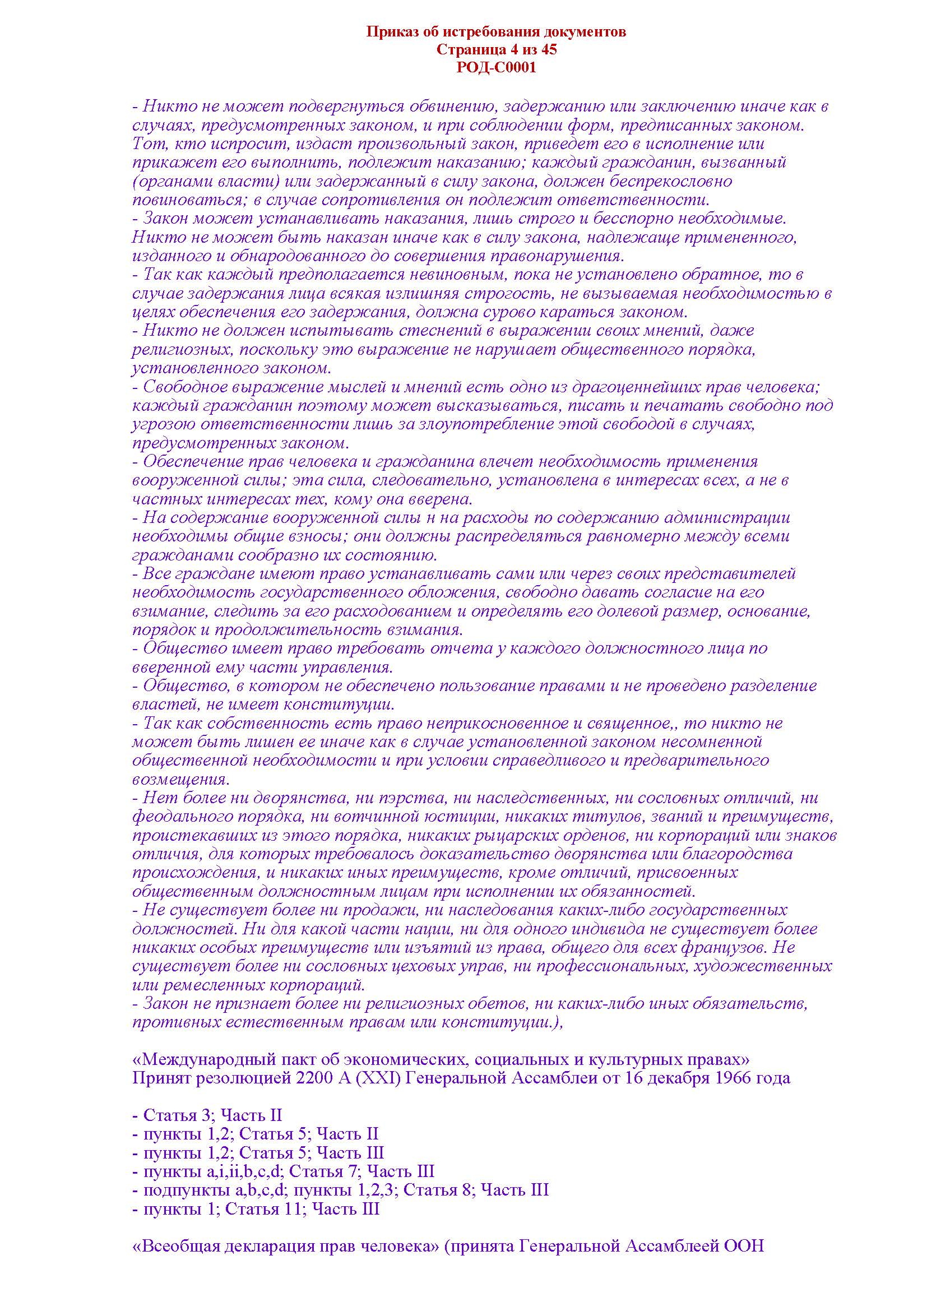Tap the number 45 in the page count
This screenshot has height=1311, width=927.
[548, 50]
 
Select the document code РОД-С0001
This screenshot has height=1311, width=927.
[496, 67]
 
